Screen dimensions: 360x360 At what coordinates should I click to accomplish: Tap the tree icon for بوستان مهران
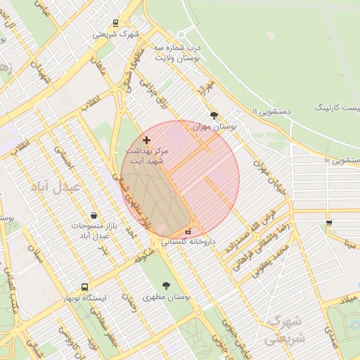point(214,115)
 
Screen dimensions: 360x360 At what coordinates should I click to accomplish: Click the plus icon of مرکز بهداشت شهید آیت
point(146,140)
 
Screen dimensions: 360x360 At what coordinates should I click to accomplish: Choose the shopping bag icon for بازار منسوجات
point(94,215)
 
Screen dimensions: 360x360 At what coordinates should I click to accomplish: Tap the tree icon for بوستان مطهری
point(166,285)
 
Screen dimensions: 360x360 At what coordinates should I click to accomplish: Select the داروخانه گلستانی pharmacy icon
point(188,232)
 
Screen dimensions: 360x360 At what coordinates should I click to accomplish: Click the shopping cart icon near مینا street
point(329,223)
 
